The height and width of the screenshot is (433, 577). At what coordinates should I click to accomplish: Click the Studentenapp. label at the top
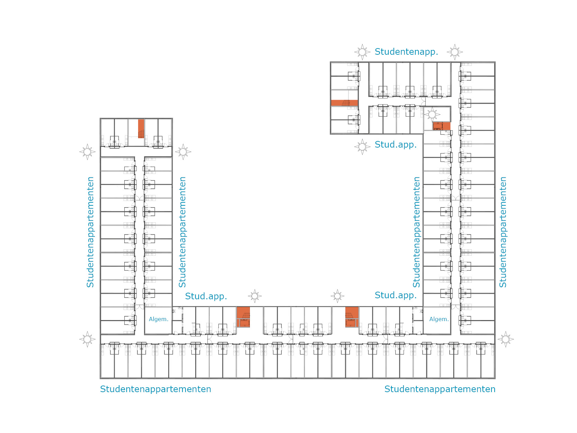(x=406, y=52)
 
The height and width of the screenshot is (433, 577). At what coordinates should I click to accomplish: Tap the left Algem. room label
(x=159, y=319)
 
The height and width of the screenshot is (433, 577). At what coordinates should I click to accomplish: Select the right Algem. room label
(x=439, y=319)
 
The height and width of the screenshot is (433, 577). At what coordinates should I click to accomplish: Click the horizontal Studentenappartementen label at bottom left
(x=155, y=389)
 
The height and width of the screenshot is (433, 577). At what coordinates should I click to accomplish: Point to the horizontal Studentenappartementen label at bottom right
(x=440, y=389)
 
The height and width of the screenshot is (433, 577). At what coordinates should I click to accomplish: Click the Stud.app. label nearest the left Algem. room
(x=206, y=296)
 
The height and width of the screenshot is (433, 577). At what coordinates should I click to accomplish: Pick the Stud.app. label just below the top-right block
(x=396, y=144)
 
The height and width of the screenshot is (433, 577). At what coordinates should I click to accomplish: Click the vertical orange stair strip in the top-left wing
(x=141, y=129)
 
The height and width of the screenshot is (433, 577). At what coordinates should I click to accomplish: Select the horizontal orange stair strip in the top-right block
(x=344, y=103)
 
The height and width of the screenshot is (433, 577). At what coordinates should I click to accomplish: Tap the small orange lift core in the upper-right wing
(x=441, y=126)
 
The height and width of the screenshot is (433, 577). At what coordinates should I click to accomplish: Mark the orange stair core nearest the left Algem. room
(x=243, y=317)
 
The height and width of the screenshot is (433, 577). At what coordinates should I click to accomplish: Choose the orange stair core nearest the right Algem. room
(x=352, y=317)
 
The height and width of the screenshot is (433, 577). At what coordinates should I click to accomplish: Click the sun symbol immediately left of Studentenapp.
(x=362, y=52)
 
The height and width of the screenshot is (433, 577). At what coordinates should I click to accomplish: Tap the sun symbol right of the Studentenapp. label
(x=454, y=52)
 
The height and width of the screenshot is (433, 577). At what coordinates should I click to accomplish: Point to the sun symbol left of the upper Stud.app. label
(x=362, y=147)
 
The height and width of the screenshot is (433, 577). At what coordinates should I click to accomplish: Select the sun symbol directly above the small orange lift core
(x=432, y=114)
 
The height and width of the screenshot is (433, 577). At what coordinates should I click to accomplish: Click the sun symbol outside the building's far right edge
(x=505, y=339)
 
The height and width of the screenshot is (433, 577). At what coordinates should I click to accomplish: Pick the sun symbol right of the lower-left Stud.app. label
(x=255, y=296)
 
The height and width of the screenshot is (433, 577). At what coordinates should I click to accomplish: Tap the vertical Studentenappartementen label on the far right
(x=503, y=232)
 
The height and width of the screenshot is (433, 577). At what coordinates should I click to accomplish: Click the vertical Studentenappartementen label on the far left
(x=90, y=232)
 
